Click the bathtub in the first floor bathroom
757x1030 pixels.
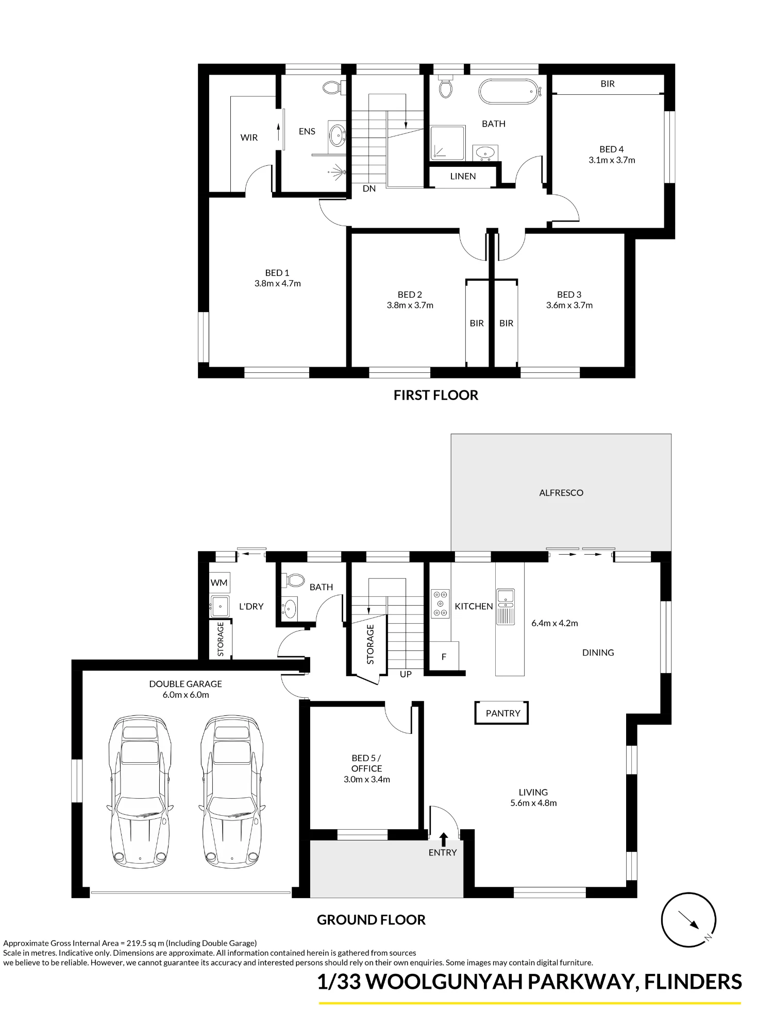tap(509, 92)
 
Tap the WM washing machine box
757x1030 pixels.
tap(219, 583)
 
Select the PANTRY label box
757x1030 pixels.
tap(502, 713)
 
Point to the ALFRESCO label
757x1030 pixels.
tap(561, 493)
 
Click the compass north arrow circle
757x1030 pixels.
tap(688, 920)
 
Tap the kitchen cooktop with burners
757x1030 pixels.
tap(440, 604)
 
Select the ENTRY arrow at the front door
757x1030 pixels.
tap(443, 839)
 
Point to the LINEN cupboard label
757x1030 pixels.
tap(463, 176)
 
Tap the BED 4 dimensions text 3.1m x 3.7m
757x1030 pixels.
tap(612, 160)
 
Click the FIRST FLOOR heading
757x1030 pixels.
tap(436, 395)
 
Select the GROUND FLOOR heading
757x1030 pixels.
tap(371, 920)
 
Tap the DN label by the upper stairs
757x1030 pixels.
tap(369, 188)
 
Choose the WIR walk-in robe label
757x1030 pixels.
tap(249, 138)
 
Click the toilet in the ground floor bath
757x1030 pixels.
tap(294, 580)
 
